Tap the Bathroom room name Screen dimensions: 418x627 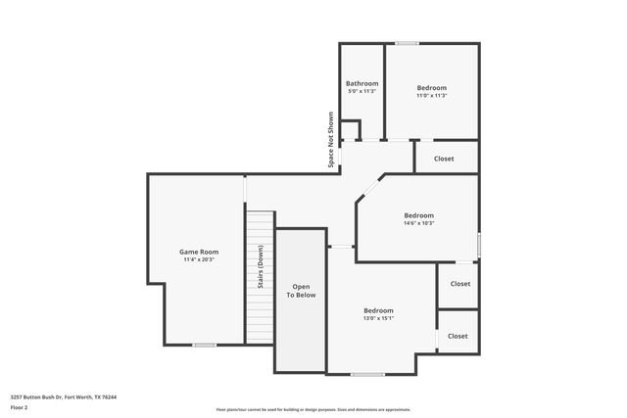coord(362,83)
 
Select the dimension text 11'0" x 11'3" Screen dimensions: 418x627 coord(432,95)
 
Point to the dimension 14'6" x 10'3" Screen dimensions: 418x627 coord(418,223)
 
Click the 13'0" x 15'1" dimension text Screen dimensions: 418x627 coord(378,317)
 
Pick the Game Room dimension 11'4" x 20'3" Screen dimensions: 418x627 coord(198,260)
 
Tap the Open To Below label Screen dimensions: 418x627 coord(301,290)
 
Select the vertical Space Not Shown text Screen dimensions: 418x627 coord(331,139)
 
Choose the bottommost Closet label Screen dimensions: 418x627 coord(458,336)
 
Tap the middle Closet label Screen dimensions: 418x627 coord(459,284)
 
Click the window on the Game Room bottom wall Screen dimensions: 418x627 coord(204,345)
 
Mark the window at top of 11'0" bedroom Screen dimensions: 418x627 coord(408,43)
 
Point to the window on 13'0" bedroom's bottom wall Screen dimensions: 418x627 coord(367,374)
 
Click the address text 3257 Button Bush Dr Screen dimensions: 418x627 coord(64,397)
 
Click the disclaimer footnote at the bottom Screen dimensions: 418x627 coord(313,409)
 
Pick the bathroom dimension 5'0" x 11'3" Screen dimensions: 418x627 coord(362,91)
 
